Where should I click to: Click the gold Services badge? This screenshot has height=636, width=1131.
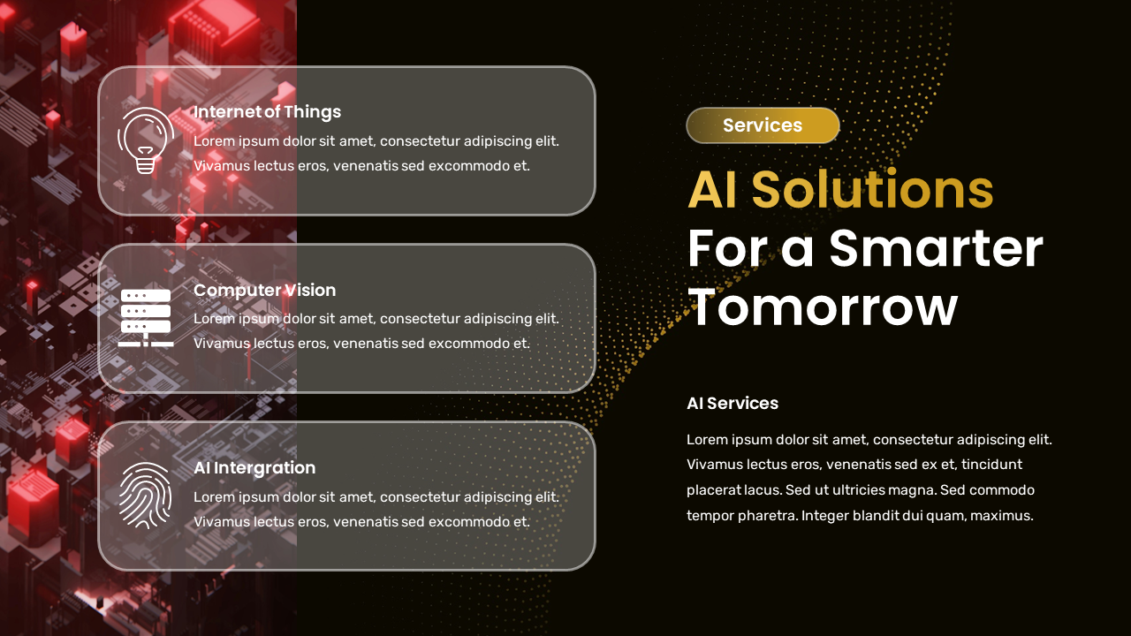(x=763, y=125)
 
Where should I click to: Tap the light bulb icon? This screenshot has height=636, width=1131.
(x=145, y=140)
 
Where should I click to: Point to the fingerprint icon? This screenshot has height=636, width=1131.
(x=145, y=496)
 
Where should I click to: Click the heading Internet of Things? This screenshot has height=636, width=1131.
(x=267, y=112)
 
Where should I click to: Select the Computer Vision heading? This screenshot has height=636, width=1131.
(x=264, y=290)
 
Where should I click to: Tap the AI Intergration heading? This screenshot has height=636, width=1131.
(x=254, y=467)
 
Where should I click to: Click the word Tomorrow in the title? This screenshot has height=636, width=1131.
(x=822, y=307)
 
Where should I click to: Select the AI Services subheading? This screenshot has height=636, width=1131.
(x=732, y=404)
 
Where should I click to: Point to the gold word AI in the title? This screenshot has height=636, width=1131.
(x=712, y=190)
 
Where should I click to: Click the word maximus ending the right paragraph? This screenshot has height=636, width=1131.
(x=1001, y=516)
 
